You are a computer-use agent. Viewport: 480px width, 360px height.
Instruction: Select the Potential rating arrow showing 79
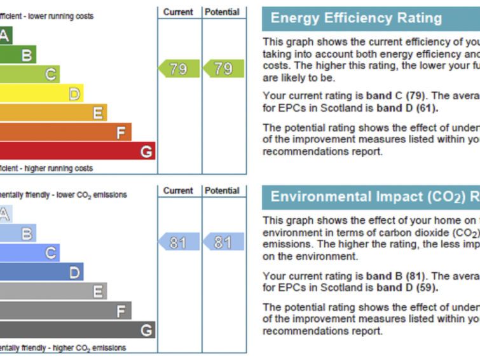[x=224, y=69]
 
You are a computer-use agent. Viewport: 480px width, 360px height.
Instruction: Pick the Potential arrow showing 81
[x=224, y=242]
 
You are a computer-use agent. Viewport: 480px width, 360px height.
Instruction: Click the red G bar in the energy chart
[x=76, y=151]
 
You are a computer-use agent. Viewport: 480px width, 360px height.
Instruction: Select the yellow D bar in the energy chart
[x=41, y=94]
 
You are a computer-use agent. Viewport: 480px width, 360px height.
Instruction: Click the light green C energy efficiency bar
[x=29, y=75]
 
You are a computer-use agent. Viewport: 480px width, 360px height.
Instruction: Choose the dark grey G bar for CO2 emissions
[x=76, y=330]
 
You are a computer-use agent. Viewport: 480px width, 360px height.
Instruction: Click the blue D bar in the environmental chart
[x=41, y=272]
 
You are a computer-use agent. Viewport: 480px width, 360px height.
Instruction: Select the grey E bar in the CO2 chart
[x=53, y=291]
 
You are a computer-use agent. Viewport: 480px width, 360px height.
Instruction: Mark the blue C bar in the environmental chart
[x=29, y=253]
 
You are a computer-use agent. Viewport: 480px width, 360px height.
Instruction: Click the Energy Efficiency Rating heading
[x=356, y=18]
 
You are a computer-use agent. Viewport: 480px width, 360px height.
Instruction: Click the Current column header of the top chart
[x=179, y=12]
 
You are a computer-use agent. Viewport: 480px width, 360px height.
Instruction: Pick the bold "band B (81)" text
[x=394, y=277]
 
